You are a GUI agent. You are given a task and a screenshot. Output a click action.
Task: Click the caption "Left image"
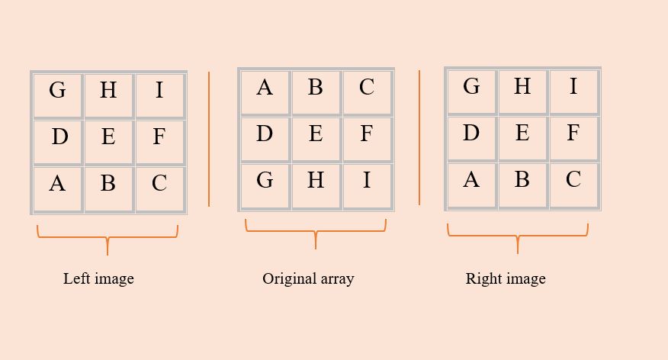point(98,278)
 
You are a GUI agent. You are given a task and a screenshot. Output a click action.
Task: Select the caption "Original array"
point(308,278)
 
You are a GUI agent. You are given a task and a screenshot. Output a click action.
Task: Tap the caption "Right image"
point(506,278)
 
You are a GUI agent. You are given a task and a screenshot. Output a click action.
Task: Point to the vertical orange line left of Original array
point(209,139)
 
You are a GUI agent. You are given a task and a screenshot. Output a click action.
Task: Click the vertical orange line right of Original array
point(419,137)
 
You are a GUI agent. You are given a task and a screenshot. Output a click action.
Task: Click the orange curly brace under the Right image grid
point(518,236)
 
